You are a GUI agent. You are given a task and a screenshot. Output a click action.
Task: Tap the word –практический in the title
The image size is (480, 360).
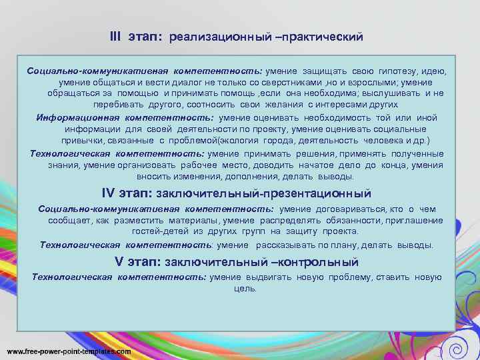click(x=321, y=37)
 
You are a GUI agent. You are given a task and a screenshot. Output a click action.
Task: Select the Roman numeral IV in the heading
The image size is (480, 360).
click(x=109, y=193)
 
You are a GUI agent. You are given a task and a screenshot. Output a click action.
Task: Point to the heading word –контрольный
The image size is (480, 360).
click(x=317, y=262)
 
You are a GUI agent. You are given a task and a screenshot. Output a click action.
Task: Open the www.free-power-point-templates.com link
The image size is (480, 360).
click(x=69, y=351)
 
